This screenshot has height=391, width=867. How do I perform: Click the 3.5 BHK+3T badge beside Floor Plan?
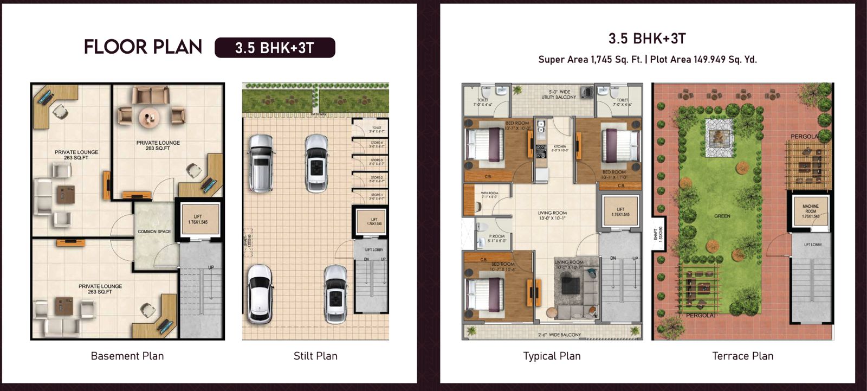tap(275, 48)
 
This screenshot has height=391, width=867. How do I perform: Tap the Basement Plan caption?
tap(127, 356)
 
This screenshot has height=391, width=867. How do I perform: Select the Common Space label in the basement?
tap(154, 232)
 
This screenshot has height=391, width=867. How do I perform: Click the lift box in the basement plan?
tap(198, 219)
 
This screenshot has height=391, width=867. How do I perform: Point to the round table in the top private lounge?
tap(148, 116)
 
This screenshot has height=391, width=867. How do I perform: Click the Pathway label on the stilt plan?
tap(319, 114)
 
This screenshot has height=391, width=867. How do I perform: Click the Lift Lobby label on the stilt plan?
tap(374, 249)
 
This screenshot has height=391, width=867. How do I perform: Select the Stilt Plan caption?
tap(315, 356)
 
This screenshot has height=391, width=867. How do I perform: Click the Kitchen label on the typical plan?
tap(560, 148)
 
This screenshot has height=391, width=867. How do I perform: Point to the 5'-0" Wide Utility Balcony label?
tap(559, 95)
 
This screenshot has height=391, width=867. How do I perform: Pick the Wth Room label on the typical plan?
tap(489, 195)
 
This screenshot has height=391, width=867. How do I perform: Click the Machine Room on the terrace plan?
tap(811, 211)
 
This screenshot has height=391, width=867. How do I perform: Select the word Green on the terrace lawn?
tap(722, 216)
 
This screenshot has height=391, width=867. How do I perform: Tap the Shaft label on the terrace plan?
tap(657, 234)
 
